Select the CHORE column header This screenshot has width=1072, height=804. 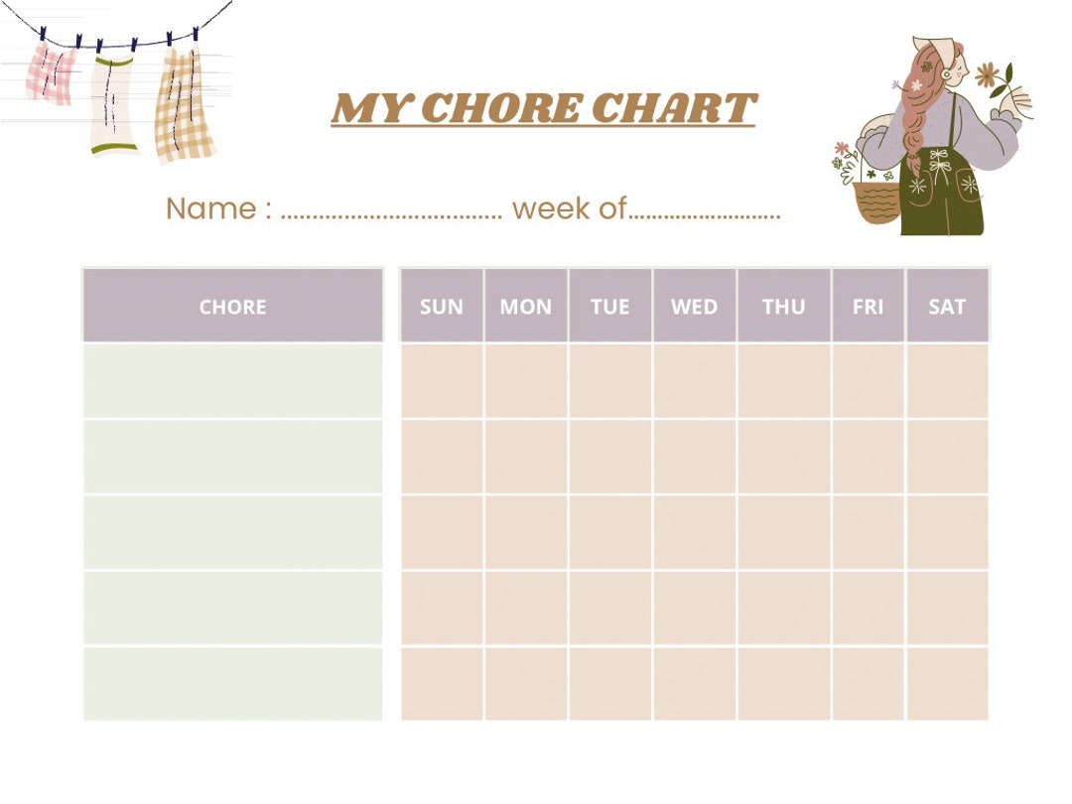(x=232, y=307)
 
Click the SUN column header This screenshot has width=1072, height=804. (x=442, y=307)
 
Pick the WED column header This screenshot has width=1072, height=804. (x=694, y=307)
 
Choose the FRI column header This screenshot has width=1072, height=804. (x=868, y=307)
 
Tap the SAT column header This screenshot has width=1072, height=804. (x=947, y=307)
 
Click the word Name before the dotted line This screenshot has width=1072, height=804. (x=209, y=208)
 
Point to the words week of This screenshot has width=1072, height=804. (x=569, y=208)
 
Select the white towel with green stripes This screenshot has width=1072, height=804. (x=113, y=104)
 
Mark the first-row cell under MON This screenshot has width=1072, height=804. (x=526, y=381)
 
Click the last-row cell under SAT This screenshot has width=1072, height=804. (x=947, y=684)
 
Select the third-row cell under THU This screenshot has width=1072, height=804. (x=783, y=532)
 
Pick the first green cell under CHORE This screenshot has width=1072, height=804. (x=232, y=381)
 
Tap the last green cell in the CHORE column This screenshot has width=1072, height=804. (x=232, y=684)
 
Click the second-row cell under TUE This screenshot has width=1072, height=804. (x=609, y=457)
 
